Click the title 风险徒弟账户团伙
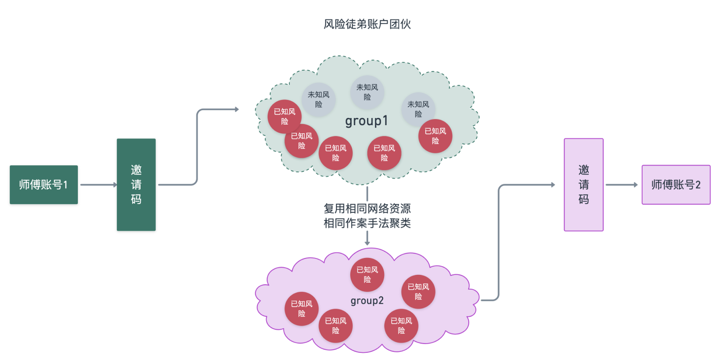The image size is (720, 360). tap(367, 25)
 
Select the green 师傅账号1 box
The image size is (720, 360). tap(44, 185)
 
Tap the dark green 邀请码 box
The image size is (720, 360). tap(136, 185)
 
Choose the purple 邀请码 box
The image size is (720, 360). tap(584, 185)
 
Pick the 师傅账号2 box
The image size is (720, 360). tap(676, 185)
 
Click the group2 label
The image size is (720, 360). tap(367, 301)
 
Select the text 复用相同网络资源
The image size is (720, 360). tap(367, 209)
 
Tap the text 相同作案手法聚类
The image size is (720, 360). tap(367, 223)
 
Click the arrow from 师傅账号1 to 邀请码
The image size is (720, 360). tap(97, 185)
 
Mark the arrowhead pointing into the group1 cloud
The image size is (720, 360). tap(236, 109)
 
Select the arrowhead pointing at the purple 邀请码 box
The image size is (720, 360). tap(553, 185)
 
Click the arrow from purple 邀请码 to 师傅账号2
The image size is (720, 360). tap(622, 185)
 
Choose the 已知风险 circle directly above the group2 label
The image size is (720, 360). tap(367, 275)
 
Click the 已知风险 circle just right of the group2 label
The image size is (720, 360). tap(418, 292)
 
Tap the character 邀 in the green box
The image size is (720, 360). tap(136, 170)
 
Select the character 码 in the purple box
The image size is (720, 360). tap(584, 199)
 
